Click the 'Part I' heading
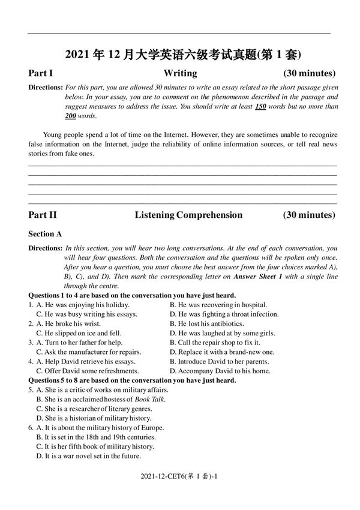pyautogui.click(x=41, y=74)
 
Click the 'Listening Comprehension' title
pyautogui.click(x=188, y=215)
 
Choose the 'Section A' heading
pyautogui.click(x=45, y=234)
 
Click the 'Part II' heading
pyautogui.click(x=43, y=215)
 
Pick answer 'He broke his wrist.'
pyautogui.click(x=71, y=323)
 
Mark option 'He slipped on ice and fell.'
pyautogui.click(x=79, y=333)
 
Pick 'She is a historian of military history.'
pyautogui.click(x=94, y=418)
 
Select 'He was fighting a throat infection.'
pyautogui.click(x=224, y=314)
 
